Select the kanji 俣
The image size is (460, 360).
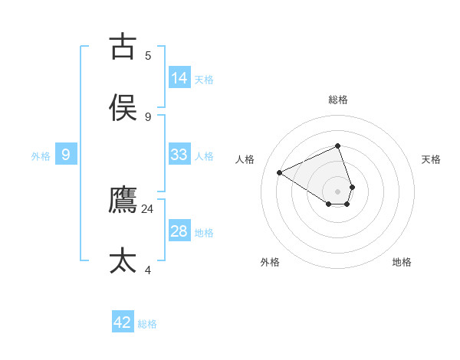click(123, 108)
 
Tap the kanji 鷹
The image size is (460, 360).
click(123, 201)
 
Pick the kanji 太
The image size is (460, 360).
click(123, 260)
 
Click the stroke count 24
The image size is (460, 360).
click(148, 208)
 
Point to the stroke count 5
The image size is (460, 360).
click(148, 55)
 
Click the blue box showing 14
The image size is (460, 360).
click(179, 77)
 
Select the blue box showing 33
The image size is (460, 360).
click(179, 154)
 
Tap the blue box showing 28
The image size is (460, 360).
click(179, 231)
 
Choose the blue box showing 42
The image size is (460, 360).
click(123, 322)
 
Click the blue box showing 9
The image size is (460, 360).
click(66, 155)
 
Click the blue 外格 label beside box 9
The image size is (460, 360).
click(41, 156)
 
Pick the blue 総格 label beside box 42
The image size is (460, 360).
click(147, 324)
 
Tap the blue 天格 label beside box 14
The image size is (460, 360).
click(204, 79)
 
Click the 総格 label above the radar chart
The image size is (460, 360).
click(338, 100)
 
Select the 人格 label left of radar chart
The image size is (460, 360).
click(245, 159)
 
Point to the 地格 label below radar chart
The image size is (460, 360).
click(402, 262)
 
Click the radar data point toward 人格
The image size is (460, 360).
click(280, 172)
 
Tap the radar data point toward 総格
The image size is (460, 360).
click(338, 146)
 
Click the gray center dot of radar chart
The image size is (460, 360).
click(338, 191)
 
